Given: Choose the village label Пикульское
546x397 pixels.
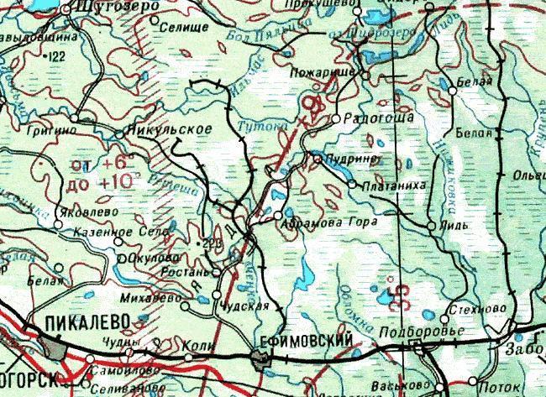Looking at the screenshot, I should [166, 131].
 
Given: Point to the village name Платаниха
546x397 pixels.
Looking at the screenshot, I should [387, 184].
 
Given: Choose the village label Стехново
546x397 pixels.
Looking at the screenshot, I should [480, 308].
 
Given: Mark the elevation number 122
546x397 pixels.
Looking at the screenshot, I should [57, 56].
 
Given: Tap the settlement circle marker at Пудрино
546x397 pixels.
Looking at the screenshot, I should [318, 157].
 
